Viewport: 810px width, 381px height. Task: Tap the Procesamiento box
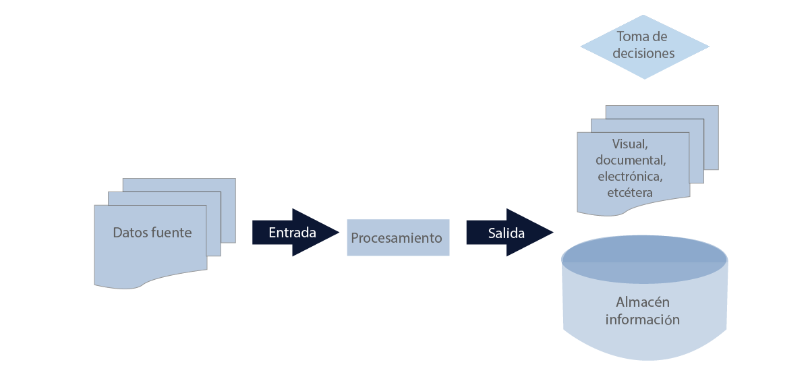pyautogui.click(x=398, y=237)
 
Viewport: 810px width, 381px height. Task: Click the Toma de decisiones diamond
pyautogui.click(x=645, y=47)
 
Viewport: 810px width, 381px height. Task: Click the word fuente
pyautogui.click(x=172, y=233)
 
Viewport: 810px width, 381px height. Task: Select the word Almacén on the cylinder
pyautogui.click(x=642, y=302)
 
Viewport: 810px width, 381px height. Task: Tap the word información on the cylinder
pyautogui.click(x=642, y=319)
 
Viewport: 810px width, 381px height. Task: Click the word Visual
pyautogui.click(x=630, y=144)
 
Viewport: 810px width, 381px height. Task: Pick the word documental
pyautogui.click(x=631, y=160)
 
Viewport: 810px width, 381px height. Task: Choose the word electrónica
pyautogui.click(x=630, y=177)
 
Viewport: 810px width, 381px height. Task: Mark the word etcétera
pyautogui.click(x=630, y=192)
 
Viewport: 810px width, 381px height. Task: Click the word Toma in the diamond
pyautogui.click(x=632, y=36)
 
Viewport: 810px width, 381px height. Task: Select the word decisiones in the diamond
pyautogui.click(x=643, y=53)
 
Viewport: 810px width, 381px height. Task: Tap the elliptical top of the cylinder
pyautogui.click(x=644, y=258)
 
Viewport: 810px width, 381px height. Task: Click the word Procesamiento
pyautogui.click(x=397, y=238)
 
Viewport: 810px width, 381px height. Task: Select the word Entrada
pyautogui.click(x=292, y=233)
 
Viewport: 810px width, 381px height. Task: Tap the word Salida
pyautogui.click(x=507, y=233)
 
